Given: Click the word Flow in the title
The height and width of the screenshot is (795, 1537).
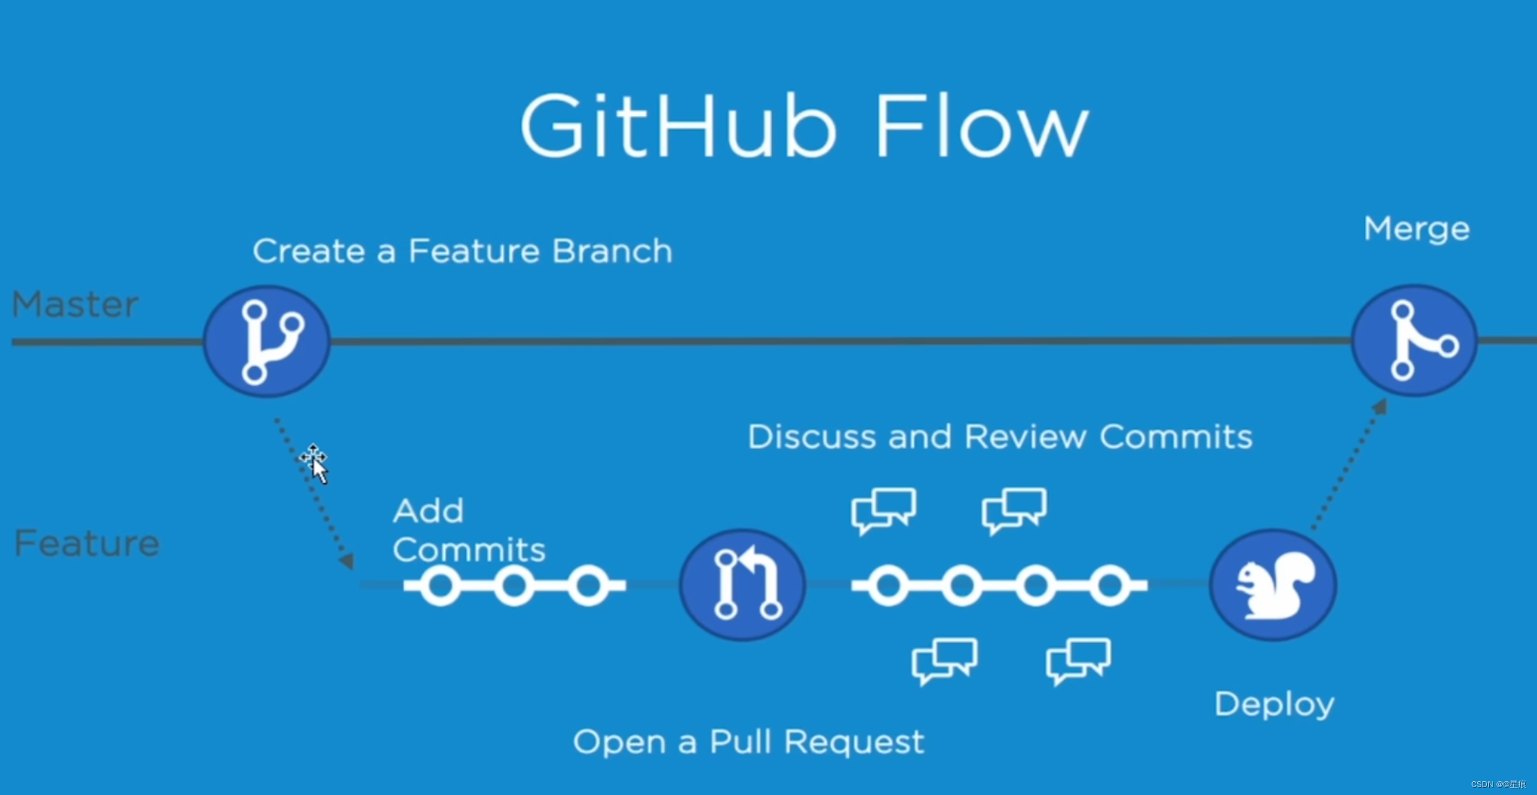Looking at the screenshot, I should click(982, 126).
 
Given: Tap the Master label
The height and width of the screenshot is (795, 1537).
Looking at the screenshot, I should click(75, 304).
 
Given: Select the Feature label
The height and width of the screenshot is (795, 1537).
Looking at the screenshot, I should click(87, 544).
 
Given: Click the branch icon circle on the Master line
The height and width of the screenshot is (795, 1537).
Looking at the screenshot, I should click(267, 341).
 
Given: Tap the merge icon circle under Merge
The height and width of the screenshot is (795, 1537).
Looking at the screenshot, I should click(1415, 341).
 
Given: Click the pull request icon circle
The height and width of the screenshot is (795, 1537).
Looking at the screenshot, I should click(743, 585).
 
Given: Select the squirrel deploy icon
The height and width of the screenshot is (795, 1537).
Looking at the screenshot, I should click(1273, 585).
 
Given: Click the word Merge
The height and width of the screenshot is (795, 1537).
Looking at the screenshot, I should click(1416, 229).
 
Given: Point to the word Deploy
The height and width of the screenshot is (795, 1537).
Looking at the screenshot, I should click(1274, 705).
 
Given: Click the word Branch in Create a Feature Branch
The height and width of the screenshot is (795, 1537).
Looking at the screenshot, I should click(612, 251).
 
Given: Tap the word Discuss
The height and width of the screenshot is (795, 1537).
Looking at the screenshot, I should click(812, 437).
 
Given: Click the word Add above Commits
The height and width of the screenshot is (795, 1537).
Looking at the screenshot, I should click(428, 511).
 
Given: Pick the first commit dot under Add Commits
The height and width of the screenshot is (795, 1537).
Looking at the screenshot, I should click(440, 585).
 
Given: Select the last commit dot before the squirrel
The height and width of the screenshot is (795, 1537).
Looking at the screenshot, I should click(1110, 585).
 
